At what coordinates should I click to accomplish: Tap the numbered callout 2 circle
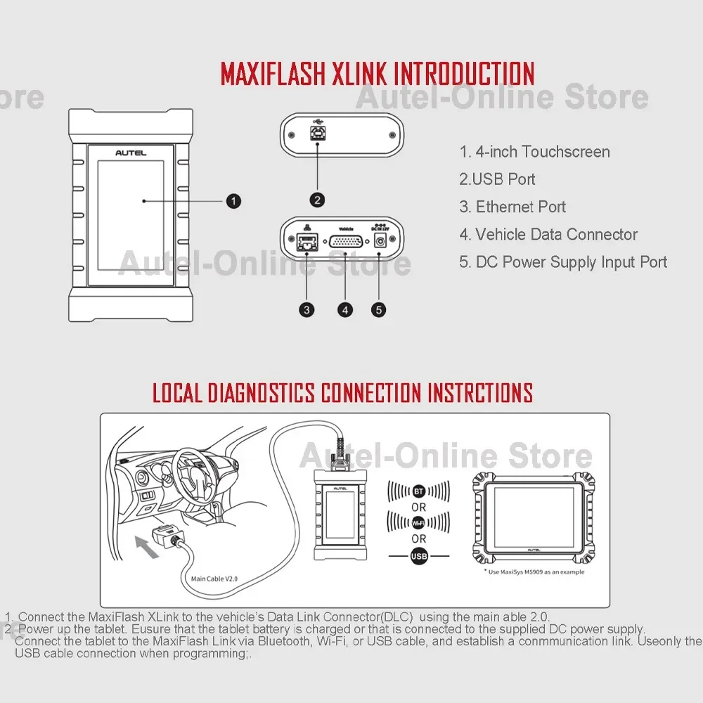click(x=318, y=200)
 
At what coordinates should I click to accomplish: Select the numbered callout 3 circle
click(x=307, y=309)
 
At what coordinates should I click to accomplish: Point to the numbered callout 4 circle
click(x=344, y=309)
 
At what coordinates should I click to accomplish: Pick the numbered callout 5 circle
click(x=379, y=309)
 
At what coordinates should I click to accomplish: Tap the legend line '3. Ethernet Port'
click(x=512, y=207)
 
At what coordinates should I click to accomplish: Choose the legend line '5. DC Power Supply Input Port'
click(x=563, y=262)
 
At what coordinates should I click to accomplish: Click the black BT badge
click(x=419, y=491)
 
